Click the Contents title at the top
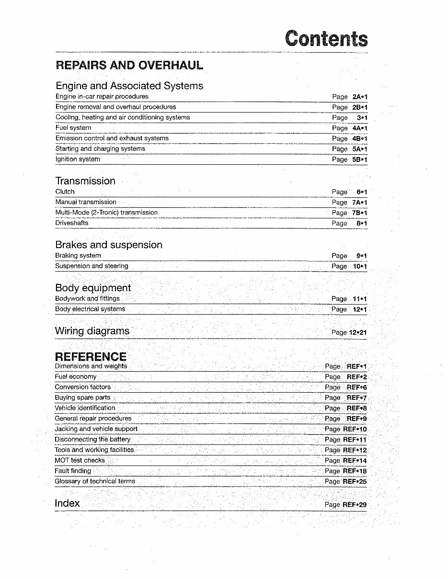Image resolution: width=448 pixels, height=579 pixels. [326, 38]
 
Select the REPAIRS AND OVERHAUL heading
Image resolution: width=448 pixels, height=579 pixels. [129, 65]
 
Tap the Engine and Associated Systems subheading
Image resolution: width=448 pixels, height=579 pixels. [129, 86]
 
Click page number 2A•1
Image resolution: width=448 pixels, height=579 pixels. [359, 97]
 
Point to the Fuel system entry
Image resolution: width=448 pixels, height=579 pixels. [73, 128]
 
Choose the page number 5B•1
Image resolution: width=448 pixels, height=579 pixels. [359, 159]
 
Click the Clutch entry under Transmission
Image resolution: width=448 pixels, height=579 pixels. [65, 192]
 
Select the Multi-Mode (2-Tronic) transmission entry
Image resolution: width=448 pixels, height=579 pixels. [106, 213]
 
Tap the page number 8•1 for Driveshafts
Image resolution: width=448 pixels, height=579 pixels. [361, 223]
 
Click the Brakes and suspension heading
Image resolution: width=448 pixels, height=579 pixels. [109, 245]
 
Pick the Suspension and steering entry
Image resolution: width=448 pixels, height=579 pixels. [92, 266]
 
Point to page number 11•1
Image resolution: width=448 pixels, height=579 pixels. [360, 299]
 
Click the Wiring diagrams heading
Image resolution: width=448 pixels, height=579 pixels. [92, 331]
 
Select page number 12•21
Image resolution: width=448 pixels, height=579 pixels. [358, 332]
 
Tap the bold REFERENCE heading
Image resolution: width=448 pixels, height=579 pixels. [91, 356]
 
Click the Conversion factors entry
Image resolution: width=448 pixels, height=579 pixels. [82, 387]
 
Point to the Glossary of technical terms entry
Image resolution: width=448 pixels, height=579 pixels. [95, 481]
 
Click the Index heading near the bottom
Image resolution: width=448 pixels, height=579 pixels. [67, 503]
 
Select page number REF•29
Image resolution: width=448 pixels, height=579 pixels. [355, 505]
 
